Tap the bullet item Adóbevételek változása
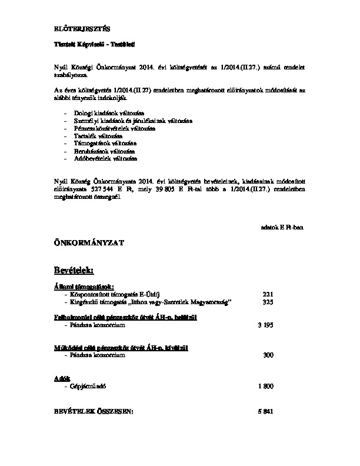click(103, 158)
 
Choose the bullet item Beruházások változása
click(102, 151)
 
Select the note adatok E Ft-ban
click(281, 227)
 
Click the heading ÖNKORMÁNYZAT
click(86, 242)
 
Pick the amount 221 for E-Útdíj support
click(268, 294)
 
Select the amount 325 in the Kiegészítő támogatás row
click(268, 302)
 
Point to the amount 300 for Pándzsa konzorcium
click(268, 355)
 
